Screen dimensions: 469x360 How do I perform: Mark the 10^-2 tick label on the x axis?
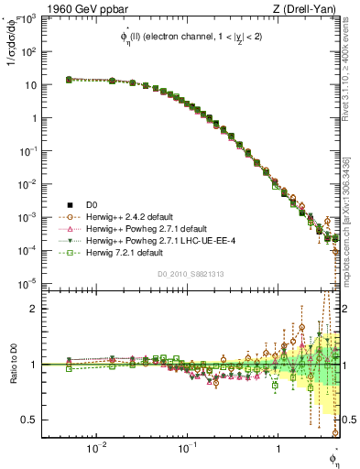coord(95,450)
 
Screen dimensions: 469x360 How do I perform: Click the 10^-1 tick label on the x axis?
coord(186,450)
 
